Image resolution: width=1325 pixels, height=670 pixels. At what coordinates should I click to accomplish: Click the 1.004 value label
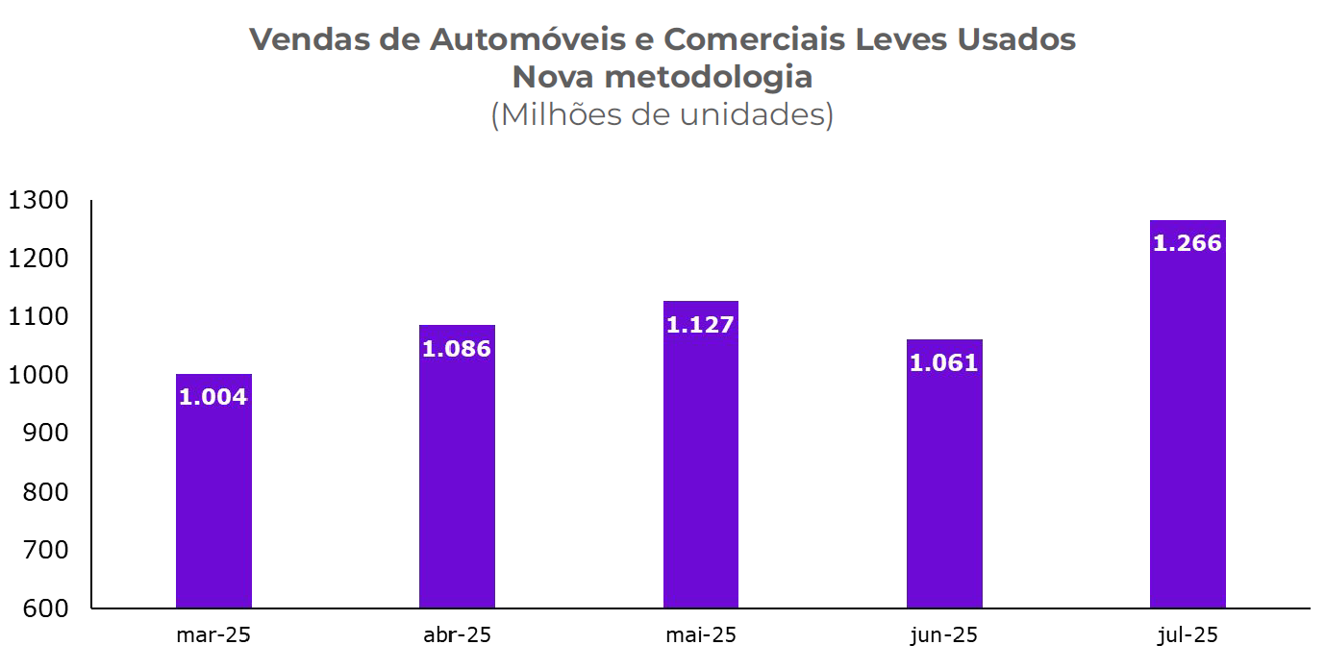click(213, 397)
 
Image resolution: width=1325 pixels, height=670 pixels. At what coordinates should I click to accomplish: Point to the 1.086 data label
click(457, 349)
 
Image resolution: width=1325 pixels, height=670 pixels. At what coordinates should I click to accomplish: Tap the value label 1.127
click(701, 325)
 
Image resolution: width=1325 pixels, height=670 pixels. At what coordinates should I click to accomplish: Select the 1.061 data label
click(944, 363)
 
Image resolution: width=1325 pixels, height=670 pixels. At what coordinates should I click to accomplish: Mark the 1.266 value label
click(1187, 244)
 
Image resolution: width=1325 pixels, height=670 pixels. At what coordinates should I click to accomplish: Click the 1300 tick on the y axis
click(38, 201)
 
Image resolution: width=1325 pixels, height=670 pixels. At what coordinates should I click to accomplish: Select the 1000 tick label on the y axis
click(38, 375)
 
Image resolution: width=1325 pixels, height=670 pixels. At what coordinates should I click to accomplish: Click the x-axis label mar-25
click(213, 635)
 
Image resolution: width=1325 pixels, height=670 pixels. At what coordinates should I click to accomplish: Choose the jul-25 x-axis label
click(1187, 635)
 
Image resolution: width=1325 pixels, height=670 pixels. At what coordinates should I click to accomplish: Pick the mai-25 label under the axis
click(701, 635)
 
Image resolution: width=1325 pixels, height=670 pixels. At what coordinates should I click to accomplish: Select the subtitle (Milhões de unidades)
click(662, 114)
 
